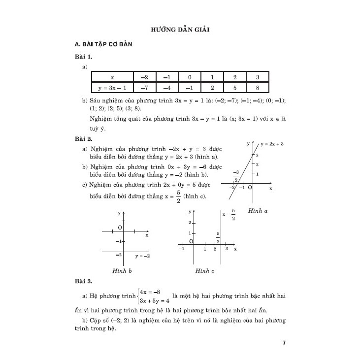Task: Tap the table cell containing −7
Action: (144, 88)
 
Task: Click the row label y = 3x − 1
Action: (113, 88)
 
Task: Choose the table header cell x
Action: (112, 77)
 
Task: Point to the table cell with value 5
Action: (234, 88)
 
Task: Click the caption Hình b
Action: (122, 270)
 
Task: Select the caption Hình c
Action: (205, 270)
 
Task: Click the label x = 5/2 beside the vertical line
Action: (229, 215)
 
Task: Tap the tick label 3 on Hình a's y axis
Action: (257, 155)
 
